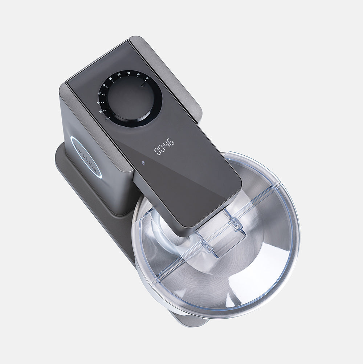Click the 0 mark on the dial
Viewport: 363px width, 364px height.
tap(106, 119)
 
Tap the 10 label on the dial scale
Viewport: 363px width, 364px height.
tap(101, 111)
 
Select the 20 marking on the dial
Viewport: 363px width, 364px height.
tap(98, 103)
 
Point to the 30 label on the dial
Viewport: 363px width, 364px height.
tap(100, 94)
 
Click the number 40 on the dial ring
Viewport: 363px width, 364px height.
tap(104, 86)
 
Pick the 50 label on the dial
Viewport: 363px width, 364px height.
tap(110, 79)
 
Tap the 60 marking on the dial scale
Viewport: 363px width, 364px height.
tap(119, 74)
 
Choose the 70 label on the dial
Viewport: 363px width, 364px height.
tap(128, 73)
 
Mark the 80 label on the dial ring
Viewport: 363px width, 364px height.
tap(138, 75)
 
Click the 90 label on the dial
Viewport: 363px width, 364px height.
tap(147, 78)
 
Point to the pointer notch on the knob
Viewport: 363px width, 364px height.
tap(144, 85)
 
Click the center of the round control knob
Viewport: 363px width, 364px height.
tap(130, 98)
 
